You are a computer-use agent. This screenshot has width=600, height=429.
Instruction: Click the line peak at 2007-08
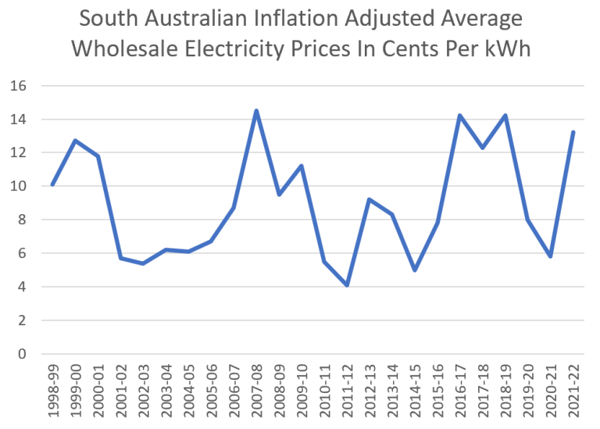point(256,111)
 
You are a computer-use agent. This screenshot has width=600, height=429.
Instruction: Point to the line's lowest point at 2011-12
point(347,285)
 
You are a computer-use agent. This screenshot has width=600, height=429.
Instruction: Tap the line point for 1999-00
point(75,141)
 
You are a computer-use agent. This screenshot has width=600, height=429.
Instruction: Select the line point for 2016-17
point(460,116)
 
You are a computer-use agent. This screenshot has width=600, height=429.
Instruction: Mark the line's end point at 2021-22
point(573,132)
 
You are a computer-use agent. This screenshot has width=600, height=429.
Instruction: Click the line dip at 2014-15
point(415,270)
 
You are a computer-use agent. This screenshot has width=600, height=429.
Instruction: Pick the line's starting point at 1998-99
point(52,184)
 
